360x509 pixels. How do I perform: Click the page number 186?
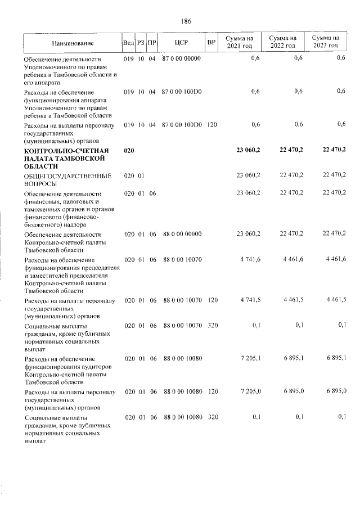point(186,21)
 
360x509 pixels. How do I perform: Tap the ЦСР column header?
point(182,42)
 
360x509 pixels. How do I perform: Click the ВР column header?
point(211,42)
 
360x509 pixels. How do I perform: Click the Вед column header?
point(128,42)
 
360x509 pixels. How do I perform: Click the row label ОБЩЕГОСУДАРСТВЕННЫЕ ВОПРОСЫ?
point(60,179)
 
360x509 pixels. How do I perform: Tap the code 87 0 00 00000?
point(181,58)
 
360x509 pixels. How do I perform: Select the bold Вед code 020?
point(129,150)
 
